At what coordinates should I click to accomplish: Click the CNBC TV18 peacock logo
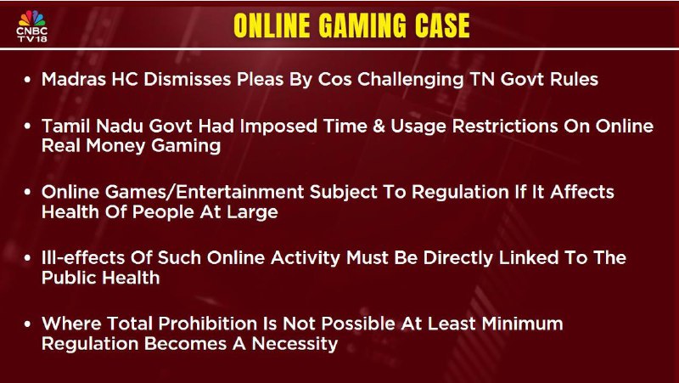pyautogui.click(x=31, y=25)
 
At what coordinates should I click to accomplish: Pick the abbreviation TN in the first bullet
pyautogui.click(x=482, y=79)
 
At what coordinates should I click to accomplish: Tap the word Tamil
pyautogui.click(x=66, y=126)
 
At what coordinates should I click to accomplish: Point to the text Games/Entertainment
pyautogui.click(x=205, y=192)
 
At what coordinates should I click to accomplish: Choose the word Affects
pyautogui.click(x=581, y=192)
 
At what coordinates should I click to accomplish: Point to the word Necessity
pyautogui.click(x=295, y=345)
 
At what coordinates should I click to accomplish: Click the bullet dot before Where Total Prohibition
pyautogui.click(x=28, y=324)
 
